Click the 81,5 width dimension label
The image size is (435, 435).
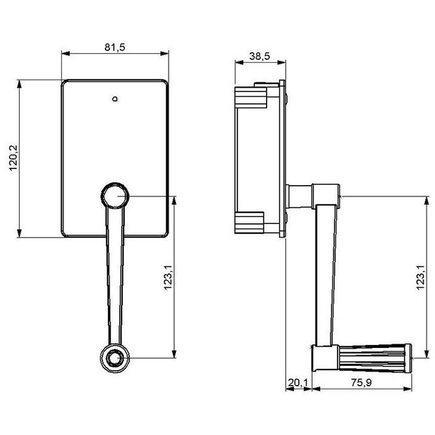115,47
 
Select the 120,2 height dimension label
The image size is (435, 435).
14,158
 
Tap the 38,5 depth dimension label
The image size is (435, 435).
259,56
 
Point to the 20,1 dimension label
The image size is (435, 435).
298,383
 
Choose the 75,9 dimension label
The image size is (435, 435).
361,383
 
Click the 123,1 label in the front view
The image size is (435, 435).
168,277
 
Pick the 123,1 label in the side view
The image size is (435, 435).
421,277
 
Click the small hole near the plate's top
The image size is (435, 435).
115,99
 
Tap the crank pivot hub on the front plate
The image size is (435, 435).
115,196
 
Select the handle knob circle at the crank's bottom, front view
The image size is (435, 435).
115,358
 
